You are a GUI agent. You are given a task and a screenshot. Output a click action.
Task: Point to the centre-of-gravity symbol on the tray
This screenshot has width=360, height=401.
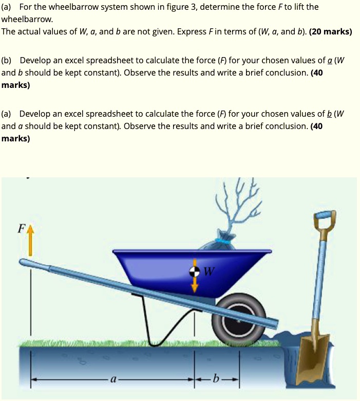pyautogui.click(x=195, y=271)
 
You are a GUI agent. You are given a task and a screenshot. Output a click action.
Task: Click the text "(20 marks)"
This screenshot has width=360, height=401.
pyautogui.click(x=330, y=31)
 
